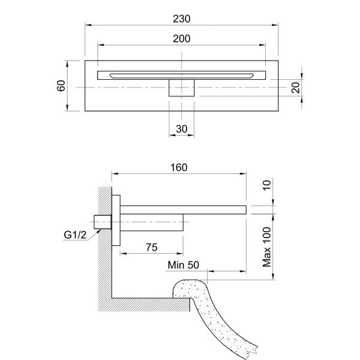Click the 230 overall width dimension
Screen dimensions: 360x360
click(181, 19)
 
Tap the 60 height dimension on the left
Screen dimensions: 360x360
click(61, 86)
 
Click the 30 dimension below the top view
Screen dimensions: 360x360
click(181, 129)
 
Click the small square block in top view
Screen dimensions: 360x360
click(181, 88)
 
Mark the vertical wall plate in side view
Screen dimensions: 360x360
click(118, 220)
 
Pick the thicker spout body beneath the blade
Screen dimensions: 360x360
click(153, 221)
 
